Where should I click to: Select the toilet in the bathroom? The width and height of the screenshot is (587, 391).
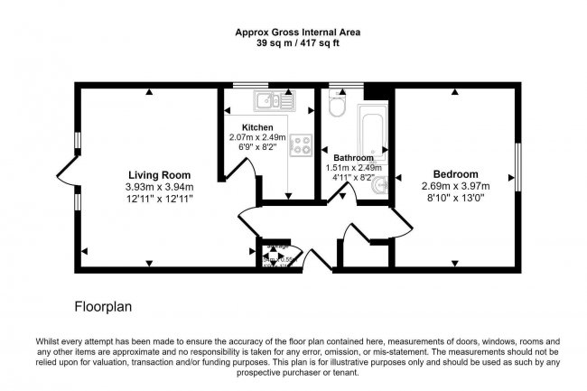pyautogui.click(x=336, y=107)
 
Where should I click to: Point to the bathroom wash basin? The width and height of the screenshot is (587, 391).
pyautogui.click(x=385, y=185)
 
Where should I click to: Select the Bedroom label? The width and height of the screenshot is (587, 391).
pyautogui.click(x=455, y=174)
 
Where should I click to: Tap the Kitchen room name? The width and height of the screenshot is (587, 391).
pyautogui.click(x=257, y=127)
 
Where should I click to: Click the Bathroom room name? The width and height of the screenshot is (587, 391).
pyautogui.click(x=353, y=156)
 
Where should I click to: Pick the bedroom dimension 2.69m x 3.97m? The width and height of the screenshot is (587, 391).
pyautogui.click(x=455, y=186)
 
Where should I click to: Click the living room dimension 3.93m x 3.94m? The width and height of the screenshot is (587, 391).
pyautogui.click(x=159, y=186)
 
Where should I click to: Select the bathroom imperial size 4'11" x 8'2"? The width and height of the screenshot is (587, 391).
pyautogui.click(x=353, y=178)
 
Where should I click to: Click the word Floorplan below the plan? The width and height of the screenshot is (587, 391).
pyautogui.click(x=103, y=307)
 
